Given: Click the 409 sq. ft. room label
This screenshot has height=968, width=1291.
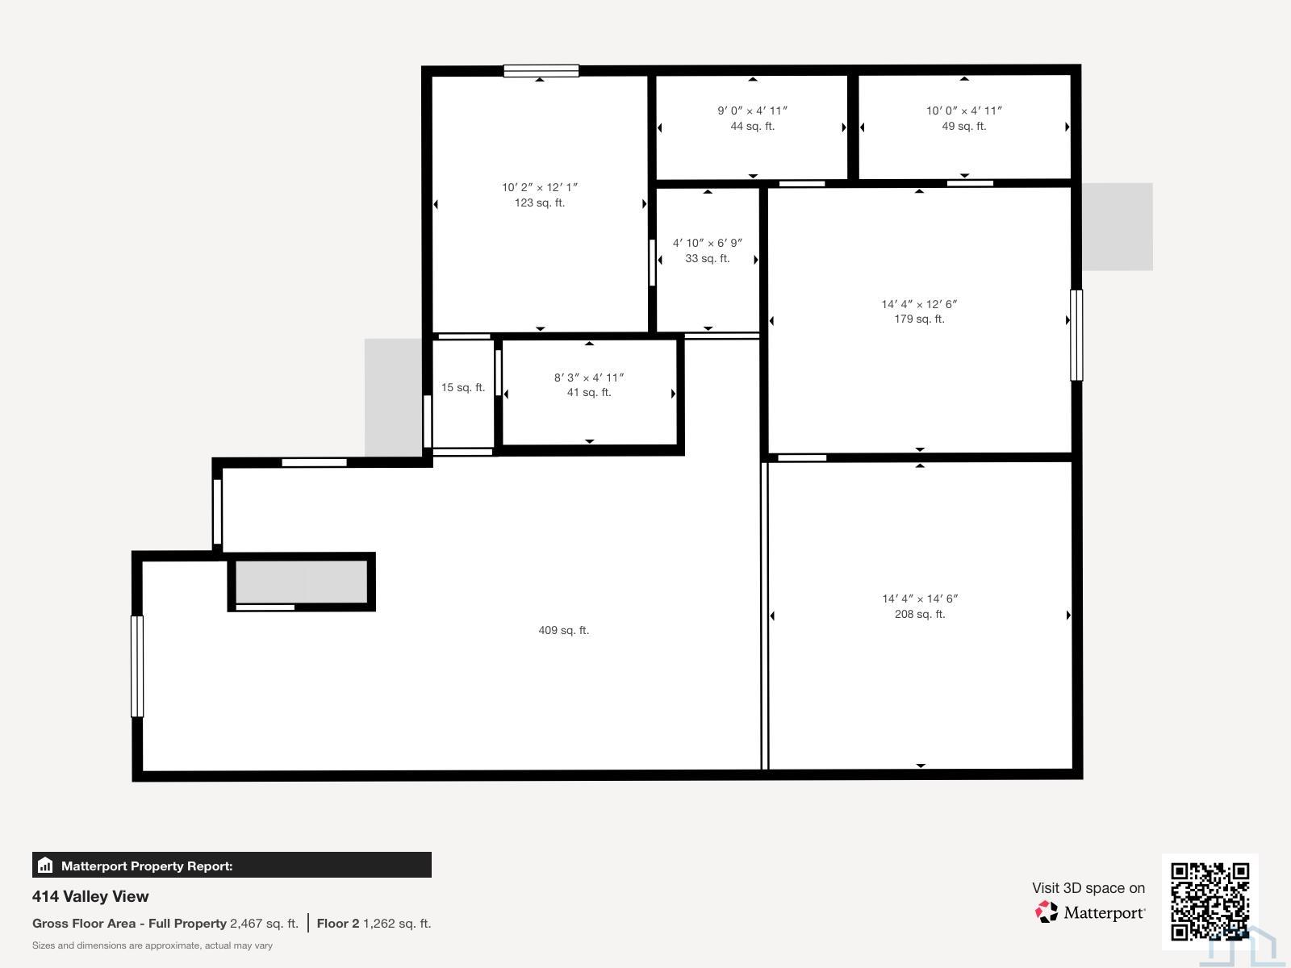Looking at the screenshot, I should [563, 630].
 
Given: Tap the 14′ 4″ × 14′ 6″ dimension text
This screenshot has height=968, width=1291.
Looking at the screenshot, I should [919, 599].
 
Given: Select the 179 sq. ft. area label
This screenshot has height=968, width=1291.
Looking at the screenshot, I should [919, 319].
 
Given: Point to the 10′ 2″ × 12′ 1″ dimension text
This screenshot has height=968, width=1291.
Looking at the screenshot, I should [540, 187].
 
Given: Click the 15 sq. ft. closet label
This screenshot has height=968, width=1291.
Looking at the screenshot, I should [462, 387].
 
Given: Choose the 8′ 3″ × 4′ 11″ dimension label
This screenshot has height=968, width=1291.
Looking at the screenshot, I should [588, 378].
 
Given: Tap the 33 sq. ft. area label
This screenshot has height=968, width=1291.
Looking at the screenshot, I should [707, 258].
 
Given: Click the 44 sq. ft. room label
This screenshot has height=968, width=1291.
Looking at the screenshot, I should [752, 126].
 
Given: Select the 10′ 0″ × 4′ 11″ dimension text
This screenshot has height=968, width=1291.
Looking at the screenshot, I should [963, 111].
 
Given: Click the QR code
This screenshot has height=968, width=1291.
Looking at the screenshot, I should [1210, 901].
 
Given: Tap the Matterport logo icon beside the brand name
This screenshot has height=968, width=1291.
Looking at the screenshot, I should [1047, 912].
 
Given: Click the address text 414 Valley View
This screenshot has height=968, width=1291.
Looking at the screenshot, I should [90, 896].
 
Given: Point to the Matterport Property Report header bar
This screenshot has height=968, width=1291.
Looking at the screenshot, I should [232, 866].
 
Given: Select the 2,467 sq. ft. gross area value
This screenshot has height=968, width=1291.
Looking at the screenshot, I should [264, 924].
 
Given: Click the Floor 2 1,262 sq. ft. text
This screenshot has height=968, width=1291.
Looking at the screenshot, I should [374, 924].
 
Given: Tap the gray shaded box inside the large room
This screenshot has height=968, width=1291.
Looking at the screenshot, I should [302, 582].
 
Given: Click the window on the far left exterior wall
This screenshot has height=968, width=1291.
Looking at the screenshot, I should [137, 666].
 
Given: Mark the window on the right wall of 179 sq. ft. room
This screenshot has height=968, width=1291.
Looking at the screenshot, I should [1076, 335].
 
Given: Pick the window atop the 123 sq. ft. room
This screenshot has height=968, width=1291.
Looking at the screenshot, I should [541, 71].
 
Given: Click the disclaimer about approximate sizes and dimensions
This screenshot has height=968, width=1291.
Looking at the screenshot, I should [152, 945].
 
